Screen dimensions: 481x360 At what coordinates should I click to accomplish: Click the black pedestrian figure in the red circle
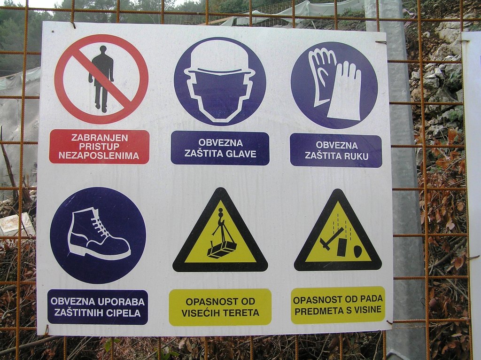coord(101,79)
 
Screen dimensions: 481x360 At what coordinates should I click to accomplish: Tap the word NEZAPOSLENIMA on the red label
coord(99,156)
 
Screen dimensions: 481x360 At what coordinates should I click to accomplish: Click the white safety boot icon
coord(99,233)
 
